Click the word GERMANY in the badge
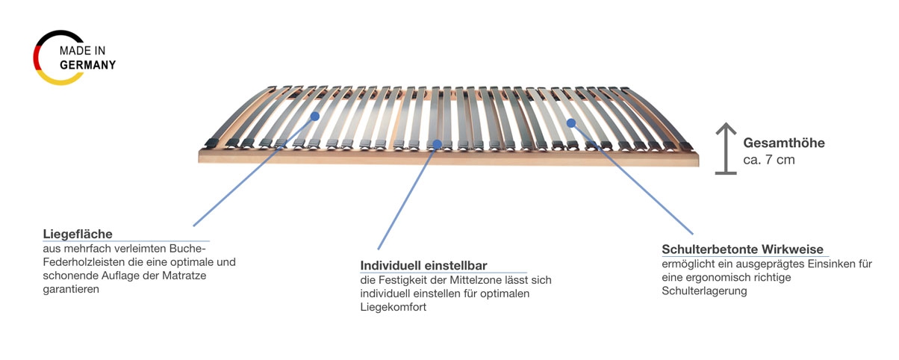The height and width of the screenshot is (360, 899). [88, 65]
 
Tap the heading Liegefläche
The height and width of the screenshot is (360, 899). [78, 234]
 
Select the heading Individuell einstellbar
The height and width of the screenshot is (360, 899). [423, 265]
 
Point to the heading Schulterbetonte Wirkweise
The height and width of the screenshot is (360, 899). [742, 249]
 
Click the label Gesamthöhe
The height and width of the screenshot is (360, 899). [784, 143]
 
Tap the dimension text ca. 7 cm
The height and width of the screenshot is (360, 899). [769, 160]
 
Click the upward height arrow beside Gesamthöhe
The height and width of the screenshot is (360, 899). [726, 149]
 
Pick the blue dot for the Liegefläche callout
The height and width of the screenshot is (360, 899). [315, 117]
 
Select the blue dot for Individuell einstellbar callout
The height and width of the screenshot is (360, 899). [438, 144]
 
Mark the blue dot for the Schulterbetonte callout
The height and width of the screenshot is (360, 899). [571, 122]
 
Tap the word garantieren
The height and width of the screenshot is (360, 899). [71, 289]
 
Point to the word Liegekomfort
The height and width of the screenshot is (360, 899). [393, 307]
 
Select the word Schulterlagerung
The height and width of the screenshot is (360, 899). [704, 291]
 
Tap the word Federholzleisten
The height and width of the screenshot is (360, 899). [84, 262]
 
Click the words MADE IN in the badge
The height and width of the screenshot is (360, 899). [82, 51]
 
